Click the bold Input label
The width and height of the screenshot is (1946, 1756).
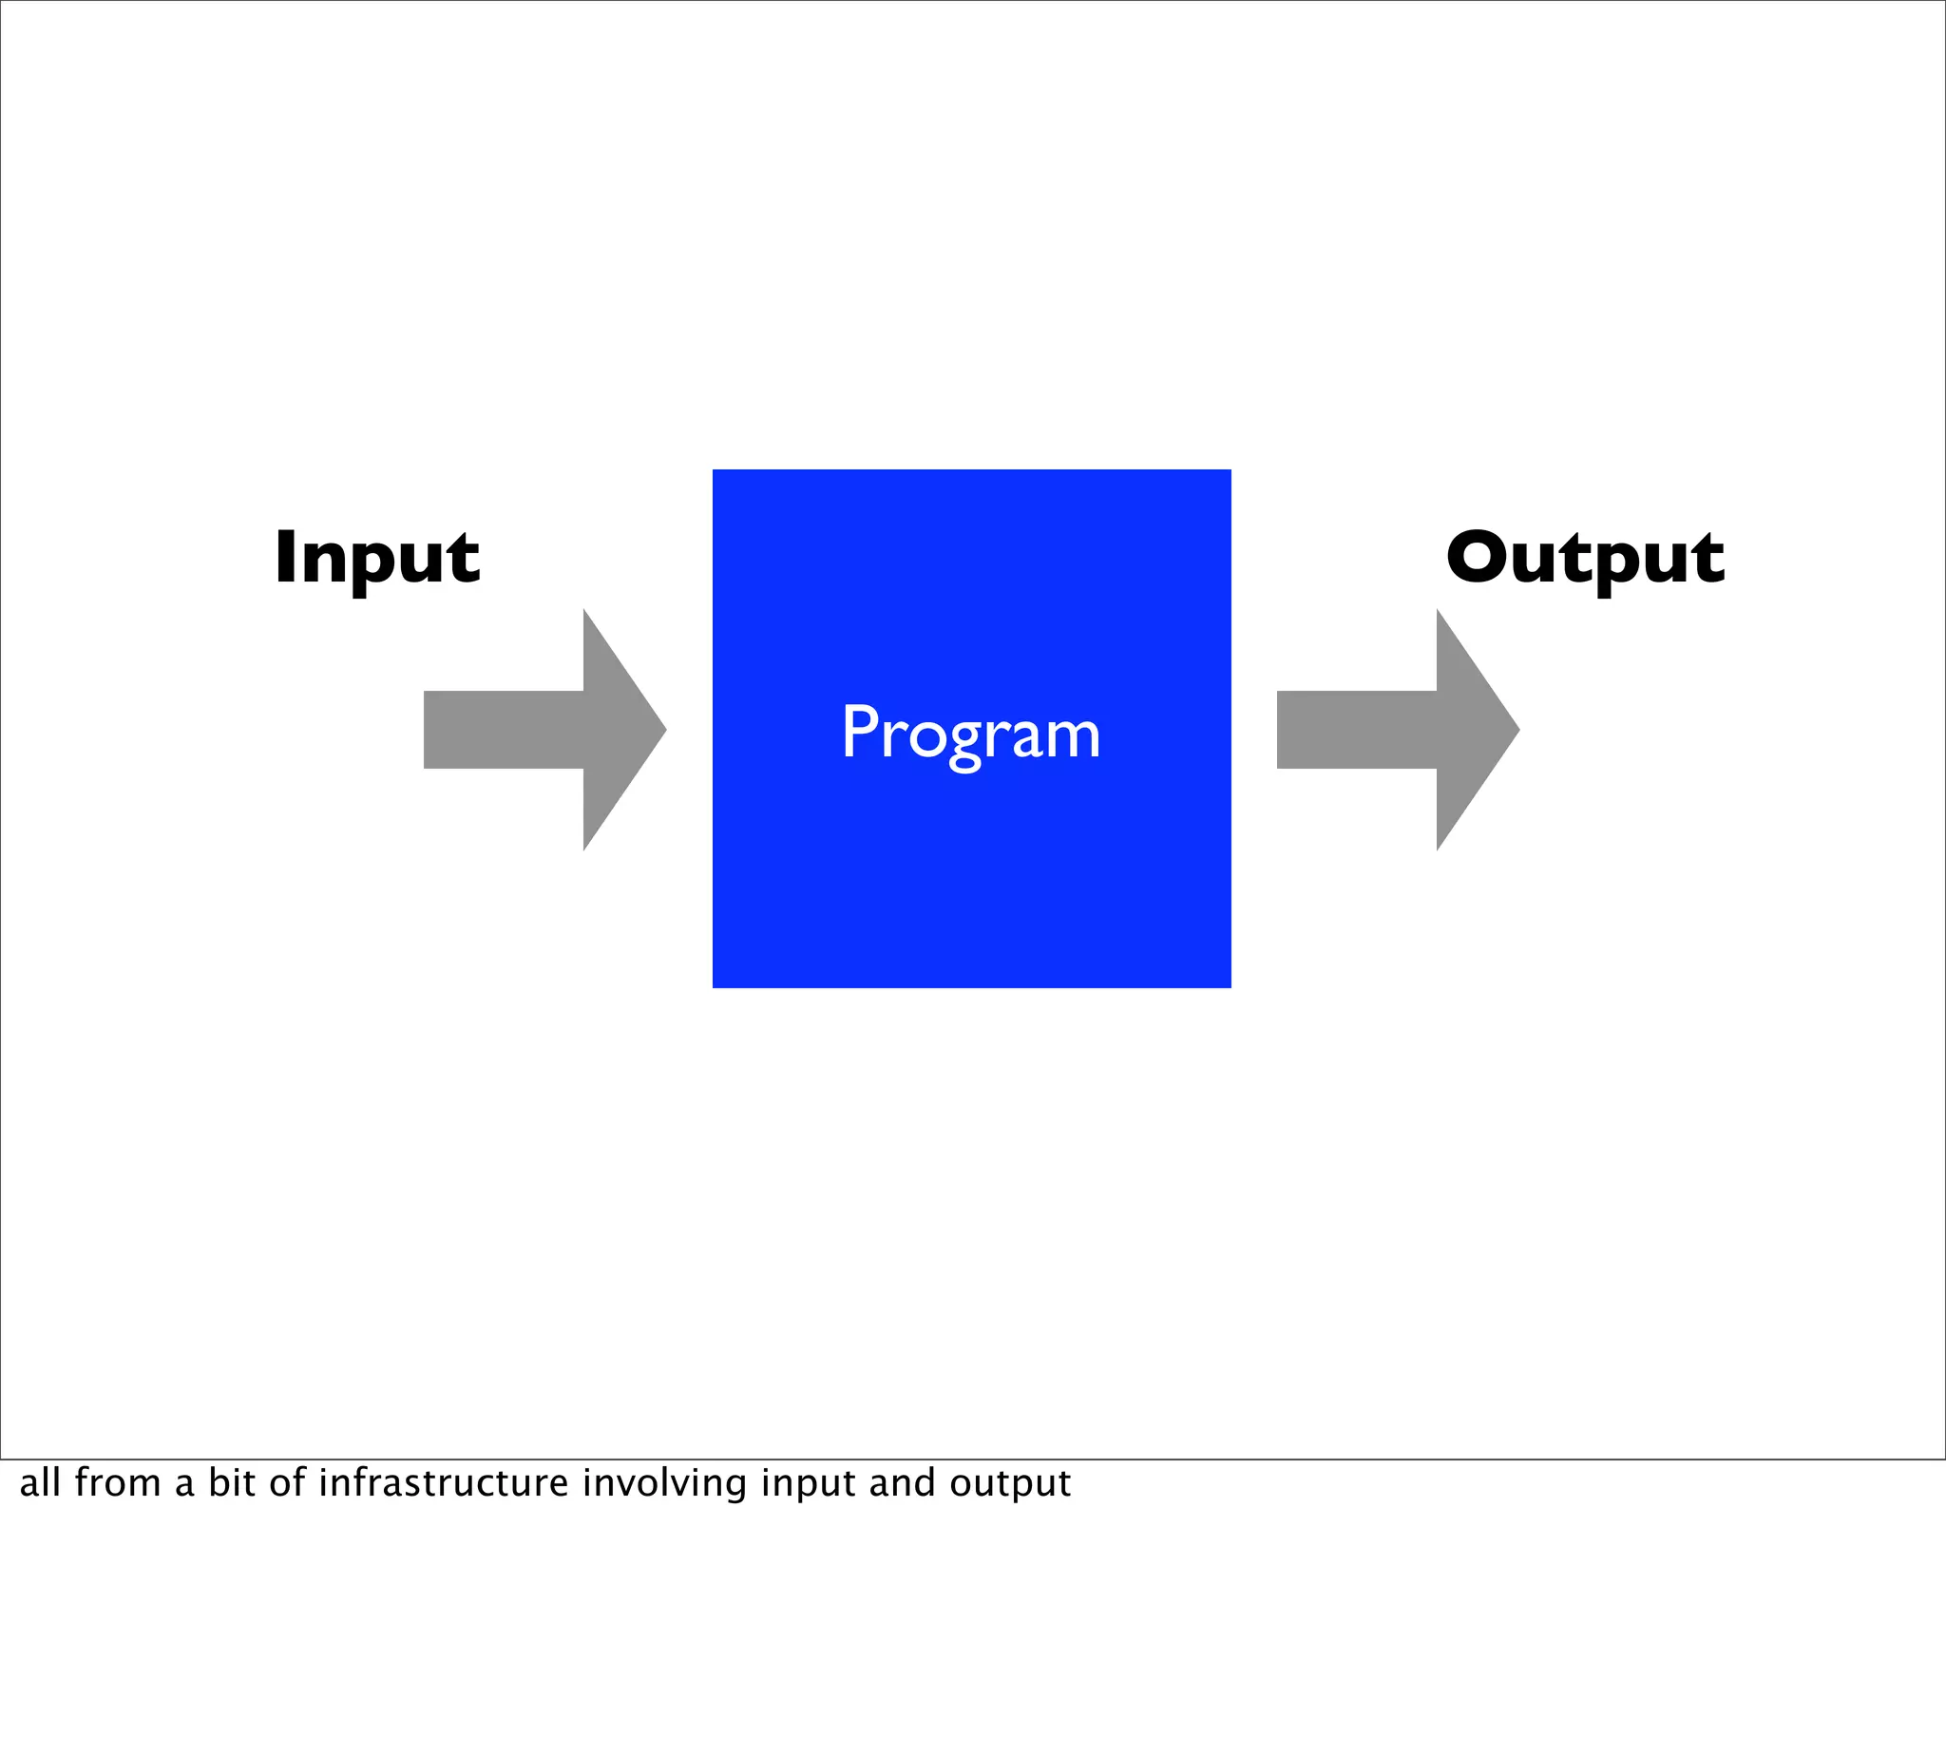pyautogui.click(x=376, y=559)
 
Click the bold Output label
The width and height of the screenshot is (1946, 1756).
pyautogui.click(x=1585, y=559)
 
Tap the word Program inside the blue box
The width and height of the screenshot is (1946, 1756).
pyautogui.click(x=970, y=735)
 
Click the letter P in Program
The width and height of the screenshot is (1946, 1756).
pyautogui.click(x=858, y=731)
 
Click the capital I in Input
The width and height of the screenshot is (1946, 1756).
pyautogui.click(x=284, y=557)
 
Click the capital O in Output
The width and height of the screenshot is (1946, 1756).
pyautogui.click(x=1478, y=557)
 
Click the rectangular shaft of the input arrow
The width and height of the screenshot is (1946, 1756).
pyautogui.click(x=503, y=730)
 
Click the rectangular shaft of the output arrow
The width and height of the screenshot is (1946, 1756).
pyautogui.click(x=1356, y=730)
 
